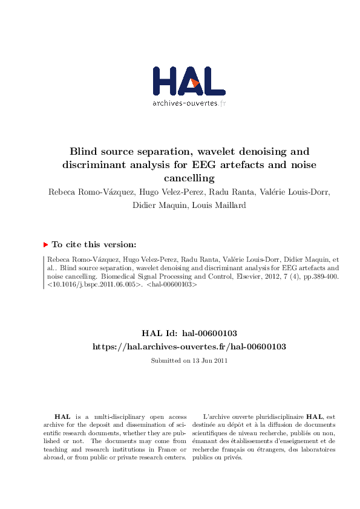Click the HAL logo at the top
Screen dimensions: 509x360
(188, 80)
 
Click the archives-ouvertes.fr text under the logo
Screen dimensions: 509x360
(188, 103)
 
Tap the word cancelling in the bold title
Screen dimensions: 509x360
(189, 178)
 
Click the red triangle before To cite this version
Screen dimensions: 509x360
(46, 245)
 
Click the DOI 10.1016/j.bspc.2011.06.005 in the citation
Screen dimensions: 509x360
(94, 282)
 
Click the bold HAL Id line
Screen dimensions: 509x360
(189, 333)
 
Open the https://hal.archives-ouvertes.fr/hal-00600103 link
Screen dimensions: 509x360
(189, 346)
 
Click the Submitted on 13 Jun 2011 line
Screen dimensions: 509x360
(189, 361)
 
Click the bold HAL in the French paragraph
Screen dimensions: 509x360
(313, 417)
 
